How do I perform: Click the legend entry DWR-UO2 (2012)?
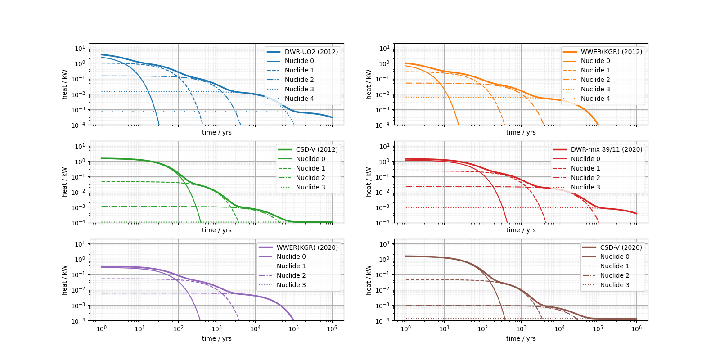tap(311, 52)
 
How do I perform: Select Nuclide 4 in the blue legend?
tap(299, 99)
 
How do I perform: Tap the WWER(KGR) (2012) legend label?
tap(611, 52)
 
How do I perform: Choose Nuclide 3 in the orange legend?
tap(595, 89)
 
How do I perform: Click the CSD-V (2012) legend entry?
tap(317, 149)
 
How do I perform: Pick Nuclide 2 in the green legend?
tap(310, 178)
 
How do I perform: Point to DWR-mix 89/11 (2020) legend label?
tap(607, 149)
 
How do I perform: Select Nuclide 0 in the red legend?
tap(585, 159)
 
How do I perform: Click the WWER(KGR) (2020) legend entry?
tap(307, 247)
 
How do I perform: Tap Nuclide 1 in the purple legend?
tap(291, 266)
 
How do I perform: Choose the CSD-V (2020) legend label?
tap(621, 247)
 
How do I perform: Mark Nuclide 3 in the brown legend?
tap(615, 285)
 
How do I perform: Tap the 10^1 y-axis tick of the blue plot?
tap(80, 48)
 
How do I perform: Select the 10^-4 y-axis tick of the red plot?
tap(383, 223)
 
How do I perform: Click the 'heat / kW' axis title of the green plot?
tap(64, 182)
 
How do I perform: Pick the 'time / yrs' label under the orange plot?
tap(521, 132)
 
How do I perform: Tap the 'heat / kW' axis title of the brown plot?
tap(369, 280)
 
